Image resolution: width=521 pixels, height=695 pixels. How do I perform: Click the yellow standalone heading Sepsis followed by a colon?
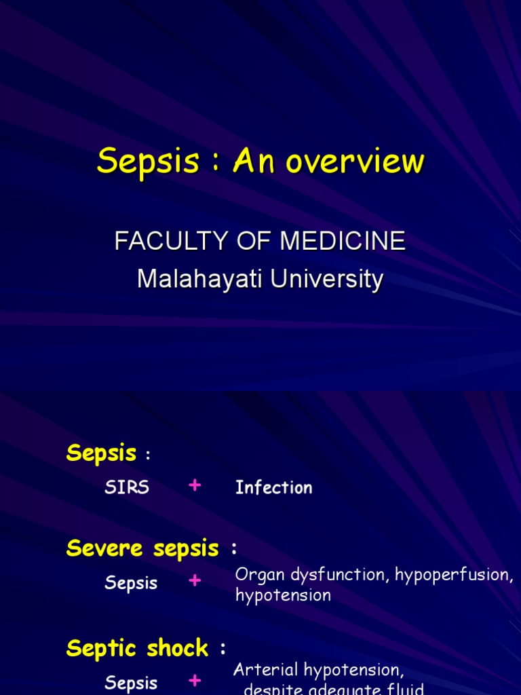[101, 453]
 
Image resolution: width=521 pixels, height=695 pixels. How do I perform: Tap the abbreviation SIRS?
[127, 487]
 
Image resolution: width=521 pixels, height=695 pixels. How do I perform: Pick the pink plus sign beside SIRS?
[195, 485]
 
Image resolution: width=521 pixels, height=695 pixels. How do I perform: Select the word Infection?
[273, 487]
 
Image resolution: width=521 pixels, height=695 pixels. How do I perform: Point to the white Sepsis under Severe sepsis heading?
[131, 582]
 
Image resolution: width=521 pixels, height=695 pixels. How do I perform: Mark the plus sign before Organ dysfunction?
[195, 581]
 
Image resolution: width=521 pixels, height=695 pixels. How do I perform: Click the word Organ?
[257, 575]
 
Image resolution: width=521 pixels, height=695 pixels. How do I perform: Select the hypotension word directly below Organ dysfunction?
[283, 595]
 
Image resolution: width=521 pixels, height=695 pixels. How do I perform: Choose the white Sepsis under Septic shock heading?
[131, 683]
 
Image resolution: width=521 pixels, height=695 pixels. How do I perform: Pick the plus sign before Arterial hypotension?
[195, 681]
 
